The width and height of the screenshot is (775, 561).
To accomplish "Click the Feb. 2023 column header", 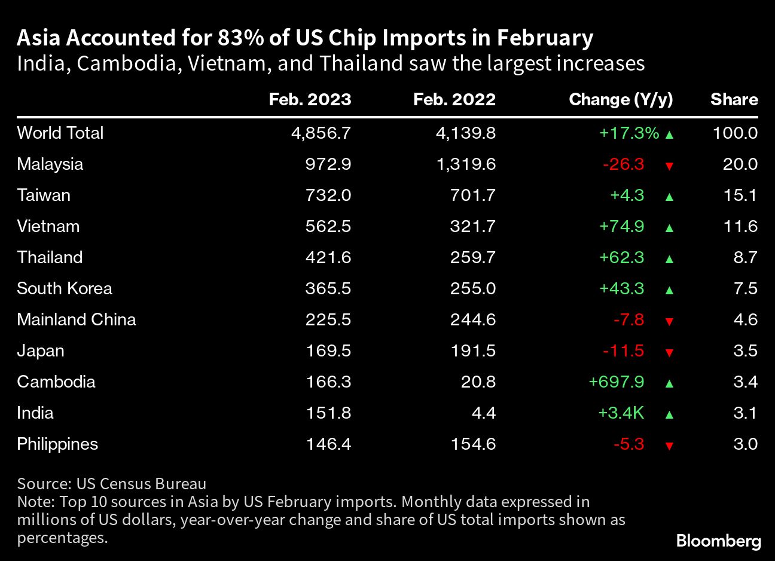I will point(310,99).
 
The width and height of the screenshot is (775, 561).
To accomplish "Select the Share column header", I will point(734,99).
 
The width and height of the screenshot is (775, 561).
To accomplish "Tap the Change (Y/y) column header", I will point(621,99).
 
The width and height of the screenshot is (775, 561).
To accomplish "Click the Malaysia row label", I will point(50,164).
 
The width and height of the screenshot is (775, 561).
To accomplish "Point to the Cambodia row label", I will point(56,382).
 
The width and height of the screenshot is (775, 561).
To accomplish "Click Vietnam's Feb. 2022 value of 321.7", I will point(473,226).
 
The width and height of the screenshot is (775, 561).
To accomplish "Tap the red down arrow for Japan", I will point(669,352).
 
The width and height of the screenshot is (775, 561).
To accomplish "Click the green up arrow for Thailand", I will point(669,259).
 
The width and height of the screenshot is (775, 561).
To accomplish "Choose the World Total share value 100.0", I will point(735,133).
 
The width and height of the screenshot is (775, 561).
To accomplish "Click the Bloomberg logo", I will point(718,541).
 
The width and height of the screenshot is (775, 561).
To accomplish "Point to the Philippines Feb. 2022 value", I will point(473,444).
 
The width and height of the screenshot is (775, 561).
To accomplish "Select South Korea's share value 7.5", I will point(745,288).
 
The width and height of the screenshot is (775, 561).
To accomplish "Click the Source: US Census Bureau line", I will point(112,484).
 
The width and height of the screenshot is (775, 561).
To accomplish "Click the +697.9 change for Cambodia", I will point(617,382).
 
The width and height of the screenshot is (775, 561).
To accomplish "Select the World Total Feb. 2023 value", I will point(321,133).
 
